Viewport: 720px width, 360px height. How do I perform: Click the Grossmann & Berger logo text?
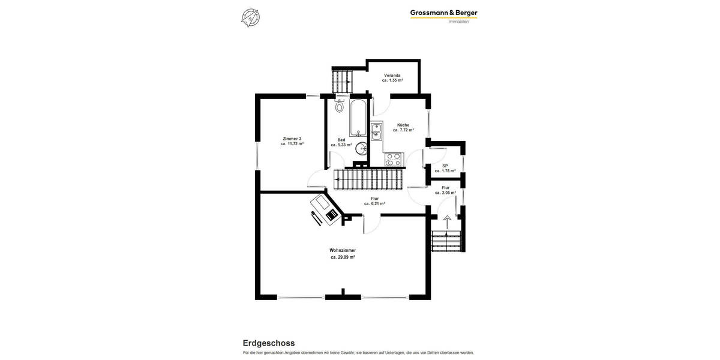pos(443,13)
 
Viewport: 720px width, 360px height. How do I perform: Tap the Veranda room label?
pos(392,75)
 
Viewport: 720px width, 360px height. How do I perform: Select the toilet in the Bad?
pos(340,106)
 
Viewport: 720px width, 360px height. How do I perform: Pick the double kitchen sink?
pos(376,131)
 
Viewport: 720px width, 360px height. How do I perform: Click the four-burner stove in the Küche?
pos(393,159)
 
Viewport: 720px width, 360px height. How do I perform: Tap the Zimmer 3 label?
pos(292,139)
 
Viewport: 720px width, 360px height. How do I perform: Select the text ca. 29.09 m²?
pos(343,257)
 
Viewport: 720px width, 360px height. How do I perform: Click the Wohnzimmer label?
pos(343,250)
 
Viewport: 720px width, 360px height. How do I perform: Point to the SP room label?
pos(445,166)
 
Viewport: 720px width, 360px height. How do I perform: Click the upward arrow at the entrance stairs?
pos(447,221)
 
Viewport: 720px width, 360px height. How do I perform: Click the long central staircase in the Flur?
pos(367,179)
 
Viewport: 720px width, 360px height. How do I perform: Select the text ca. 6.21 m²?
pos(374,203)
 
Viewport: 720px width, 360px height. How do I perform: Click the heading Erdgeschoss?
pos(268,343)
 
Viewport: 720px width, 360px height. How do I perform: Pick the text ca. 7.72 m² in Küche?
pos(403,130)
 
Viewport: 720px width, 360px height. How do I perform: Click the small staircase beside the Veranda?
pos(343,81)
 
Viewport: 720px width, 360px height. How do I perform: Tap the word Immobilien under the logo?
pos(459,22)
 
